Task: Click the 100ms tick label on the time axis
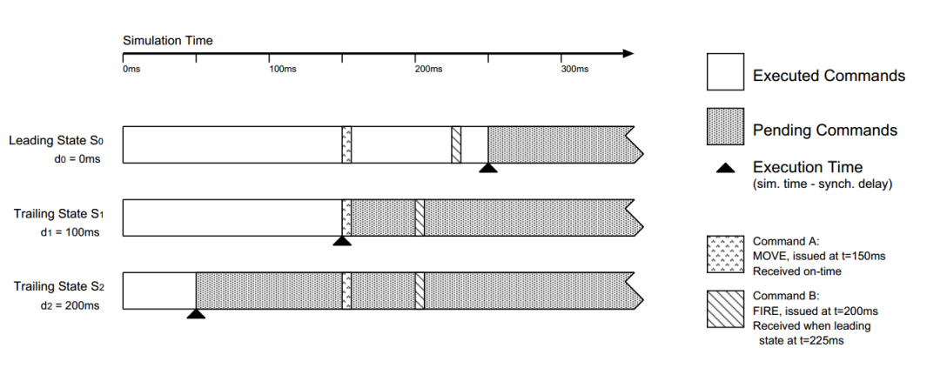(283, 69)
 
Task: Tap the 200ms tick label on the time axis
(429, 69)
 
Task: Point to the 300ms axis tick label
(575, 69)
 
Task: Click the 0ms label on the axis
(131, 69)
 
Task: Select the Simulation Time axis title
(167, 40)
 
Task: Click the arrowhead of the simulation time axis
(628, 54)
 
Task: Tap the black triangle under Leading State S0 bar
(488, 169)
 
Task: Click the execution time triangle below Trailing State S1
(342, 242)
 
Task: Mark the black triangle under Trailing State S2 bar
(196, 314)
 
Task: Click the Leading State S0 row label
(57, 140)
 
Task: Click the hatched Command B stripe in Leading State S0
(456, 144)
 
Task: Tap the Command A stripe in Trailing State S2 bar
(346, 291)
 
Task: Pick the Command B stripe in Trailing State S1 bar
(420, 217)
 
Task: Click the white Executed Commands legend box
(724, 71)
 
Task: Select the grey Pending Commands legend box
(724, 127)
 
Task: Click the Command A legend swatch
(724, 252)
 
